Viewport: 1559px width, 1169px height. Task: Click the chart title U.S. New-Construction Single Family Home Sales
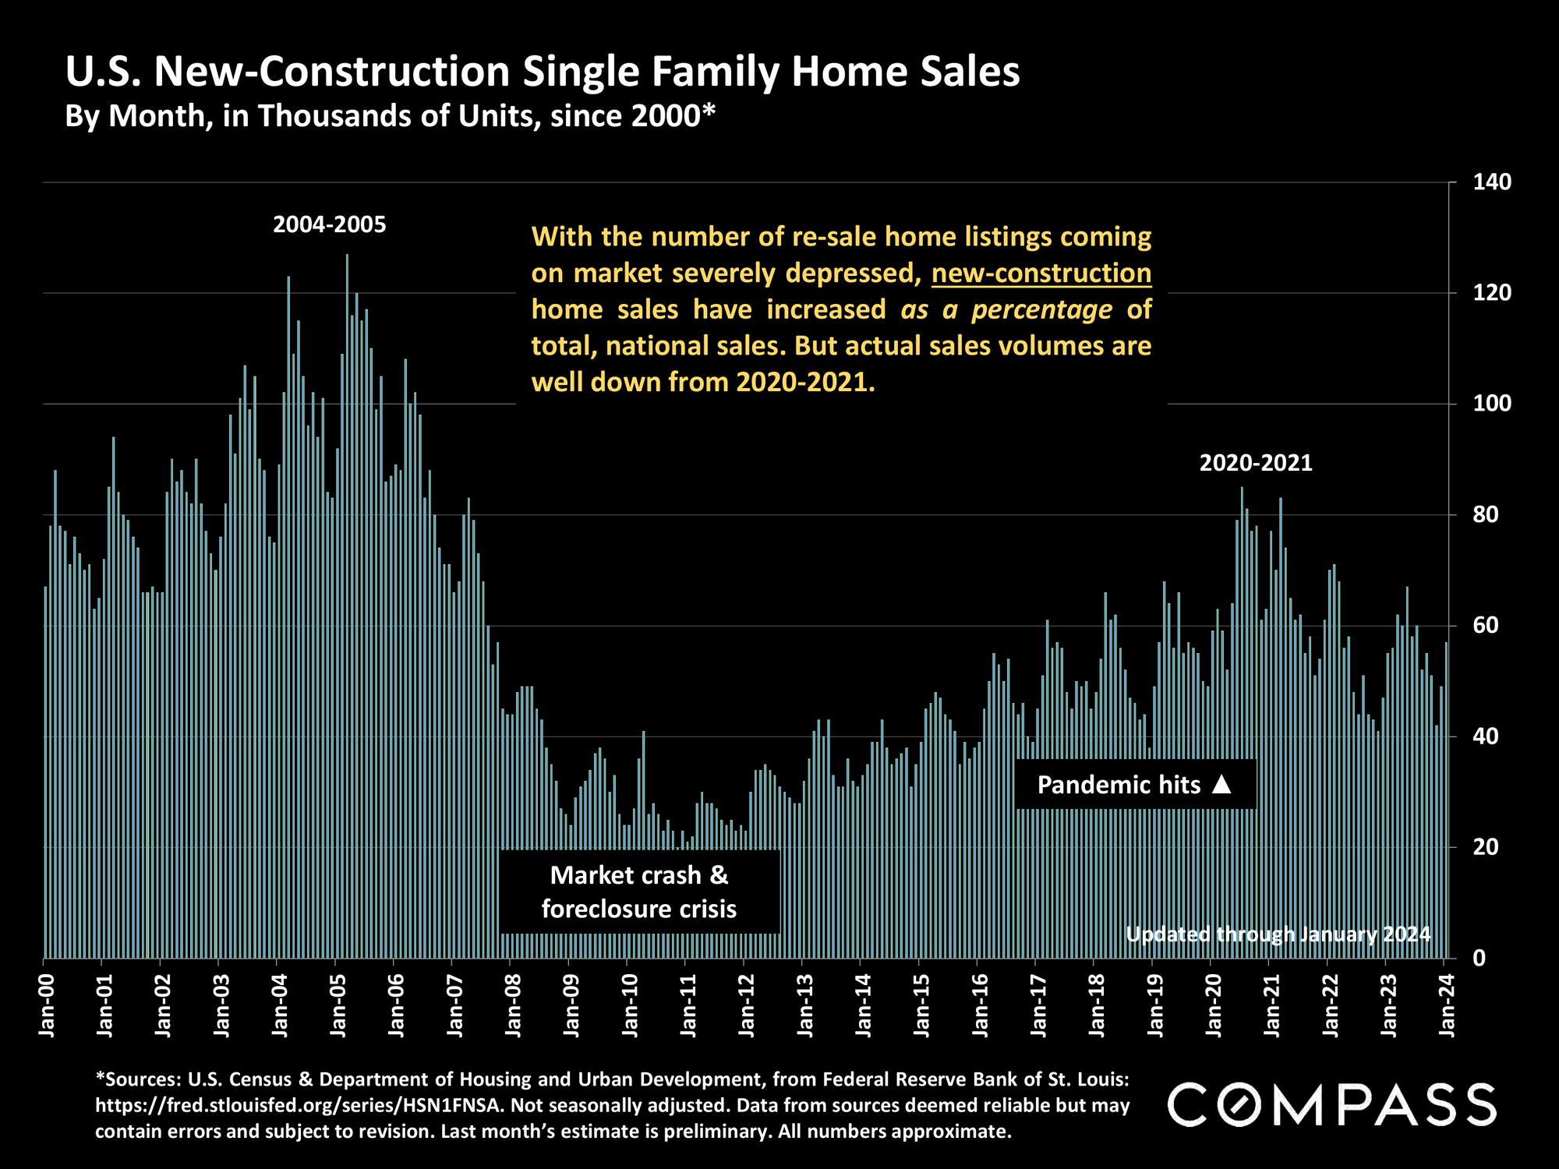543,72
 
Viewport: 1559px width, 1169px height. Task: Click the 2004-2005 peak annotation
329,225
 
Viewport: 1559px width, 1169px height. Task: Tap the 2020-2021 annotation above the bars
1256,464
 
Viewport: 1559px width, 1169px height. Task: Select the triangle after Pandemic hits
1222,785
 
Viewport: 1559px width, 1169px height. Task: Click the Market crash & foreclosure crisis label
639,892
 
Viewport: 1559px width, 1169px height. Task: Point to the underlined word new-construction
1041,274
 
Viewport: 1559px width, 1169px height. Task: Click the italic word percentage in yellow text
1041,310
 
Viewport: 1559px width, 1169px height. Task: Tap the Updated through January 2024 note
1278,934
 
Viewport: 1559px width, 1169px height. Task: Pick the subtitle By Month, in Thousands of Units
390,116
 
